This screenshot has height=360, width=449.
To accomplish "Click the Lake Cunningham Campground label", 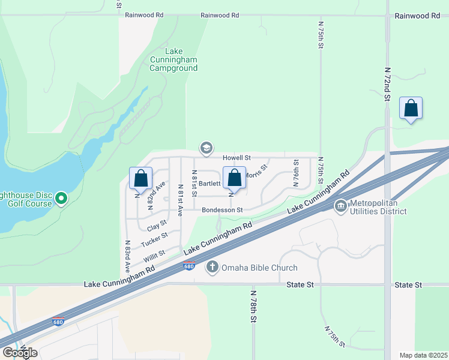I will (173, 60).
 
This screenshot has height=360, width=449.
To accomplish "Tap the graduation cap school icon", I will (206, 148).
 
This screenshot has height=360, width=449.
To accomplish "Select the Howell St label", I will (236, 157).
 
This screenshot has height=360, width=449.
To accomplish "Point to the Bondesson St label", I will (222, 210).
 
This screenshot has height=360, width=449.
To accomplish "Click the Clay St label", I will (156, 229).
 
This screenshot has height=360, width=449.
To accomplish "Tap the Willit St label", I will (154, 256).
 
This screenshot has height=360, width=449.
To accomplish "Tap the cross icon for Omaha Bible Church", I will (212, 267).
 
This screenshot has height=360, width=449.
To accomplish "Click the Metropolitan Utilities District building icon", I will (341, 206).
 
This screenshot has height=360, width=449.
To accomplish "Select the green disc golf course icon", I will (61, 198).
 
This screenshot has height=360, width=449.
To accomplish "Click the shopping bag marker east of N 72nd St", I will (411, 109).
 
